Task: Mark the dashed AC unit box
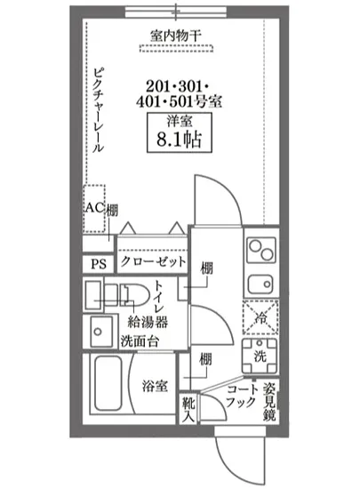coord(94,209)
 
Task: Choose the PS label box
coord(97,264)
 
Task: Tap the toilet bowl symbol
coord(132,297)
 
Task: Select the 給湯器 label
coord(148,322)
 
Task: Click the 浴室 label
coord(155,386)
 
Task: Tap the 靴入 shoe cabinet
coord(189,408)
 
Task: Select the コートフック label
coord(241,396)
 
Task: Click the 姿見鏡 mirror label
coord(268,401)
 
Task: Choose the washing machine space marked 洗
coord(260,355)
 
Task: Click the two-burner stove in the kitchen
coord(260,250)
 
